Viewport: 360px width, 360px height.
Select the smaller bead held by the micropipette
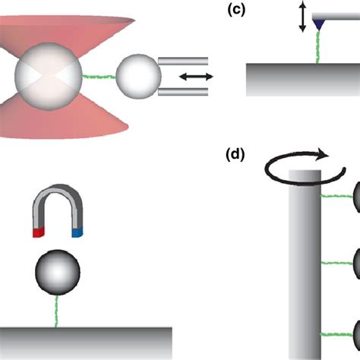(x=137, y=77)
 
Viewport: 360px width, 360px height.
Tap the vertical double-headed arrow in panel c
(x=302, y=17)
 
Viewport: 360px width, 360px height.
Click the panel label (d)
(x=236, y=156)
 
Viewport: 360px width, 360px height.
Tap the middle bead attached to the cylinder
(x=354, y=286)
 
